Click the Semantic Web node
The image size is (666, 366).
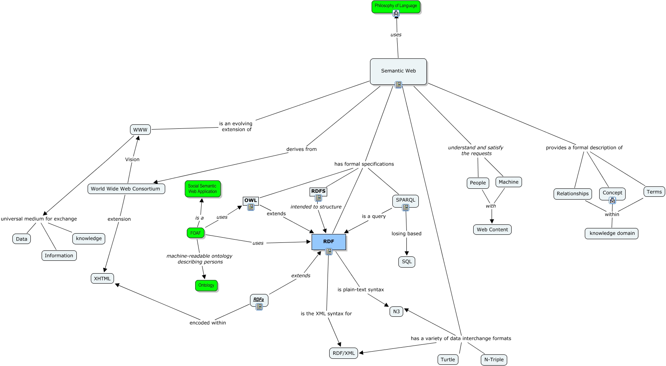[x=398, y=71]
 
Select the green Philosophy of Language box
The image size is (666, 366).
[x=396, y=6]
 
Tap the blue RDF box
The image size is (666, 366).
[x=328, y=242]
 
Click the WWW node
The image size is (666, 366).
[x=140, y=130]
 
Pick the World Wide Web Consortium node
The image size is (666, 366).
[x=126, y=189]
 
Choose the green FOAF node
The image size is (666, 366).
[x=196, y=233]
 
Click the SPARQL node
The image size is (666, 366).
[x=405, y=200]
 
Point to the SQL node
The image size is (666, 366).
[x=407, y=262]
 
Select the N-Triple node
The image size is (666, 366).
[x=494, y=360]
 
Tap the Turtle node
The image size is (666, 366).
[x=448, y=360]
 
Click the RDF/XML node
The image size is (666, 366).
[x=344, y=353]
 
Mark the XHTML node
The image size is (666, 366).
[x=102, y=278]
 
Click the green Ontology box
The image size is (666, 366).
[x=206, y=285]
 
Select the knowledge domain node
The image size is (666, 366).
[x=612, y=233]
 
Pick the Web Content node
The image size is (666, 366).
[x=492, y=230]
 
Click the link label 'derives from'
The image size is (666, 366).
[x=301, y=149]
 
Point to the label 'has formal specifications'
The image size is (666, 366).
[x=364, y=164]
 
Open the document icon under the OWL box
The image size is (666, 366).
[x=251, y=207]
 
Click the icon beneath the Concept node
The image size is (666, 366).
[x=612, y=200]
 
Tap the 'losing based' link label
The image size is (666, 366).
[x=406, y=234]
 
